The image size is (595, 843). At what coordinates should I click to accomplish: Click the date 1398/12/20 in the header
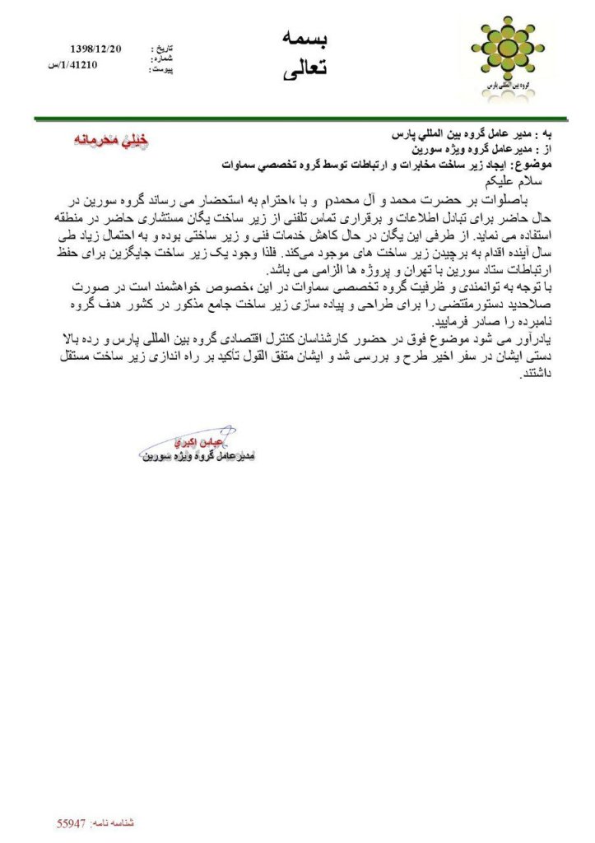pos(97,50)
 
